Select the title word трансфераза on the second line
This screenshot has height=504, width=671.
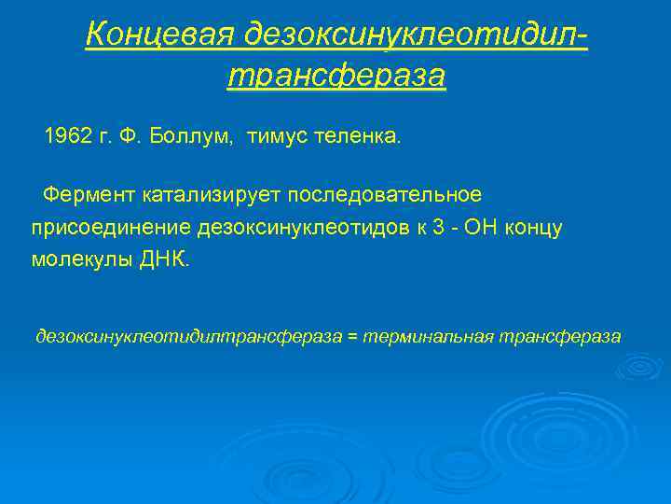pyautogui.click(x=336, y=75)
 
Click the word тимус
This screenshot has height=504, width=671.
pyautogui.click(x=277, y=137)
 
